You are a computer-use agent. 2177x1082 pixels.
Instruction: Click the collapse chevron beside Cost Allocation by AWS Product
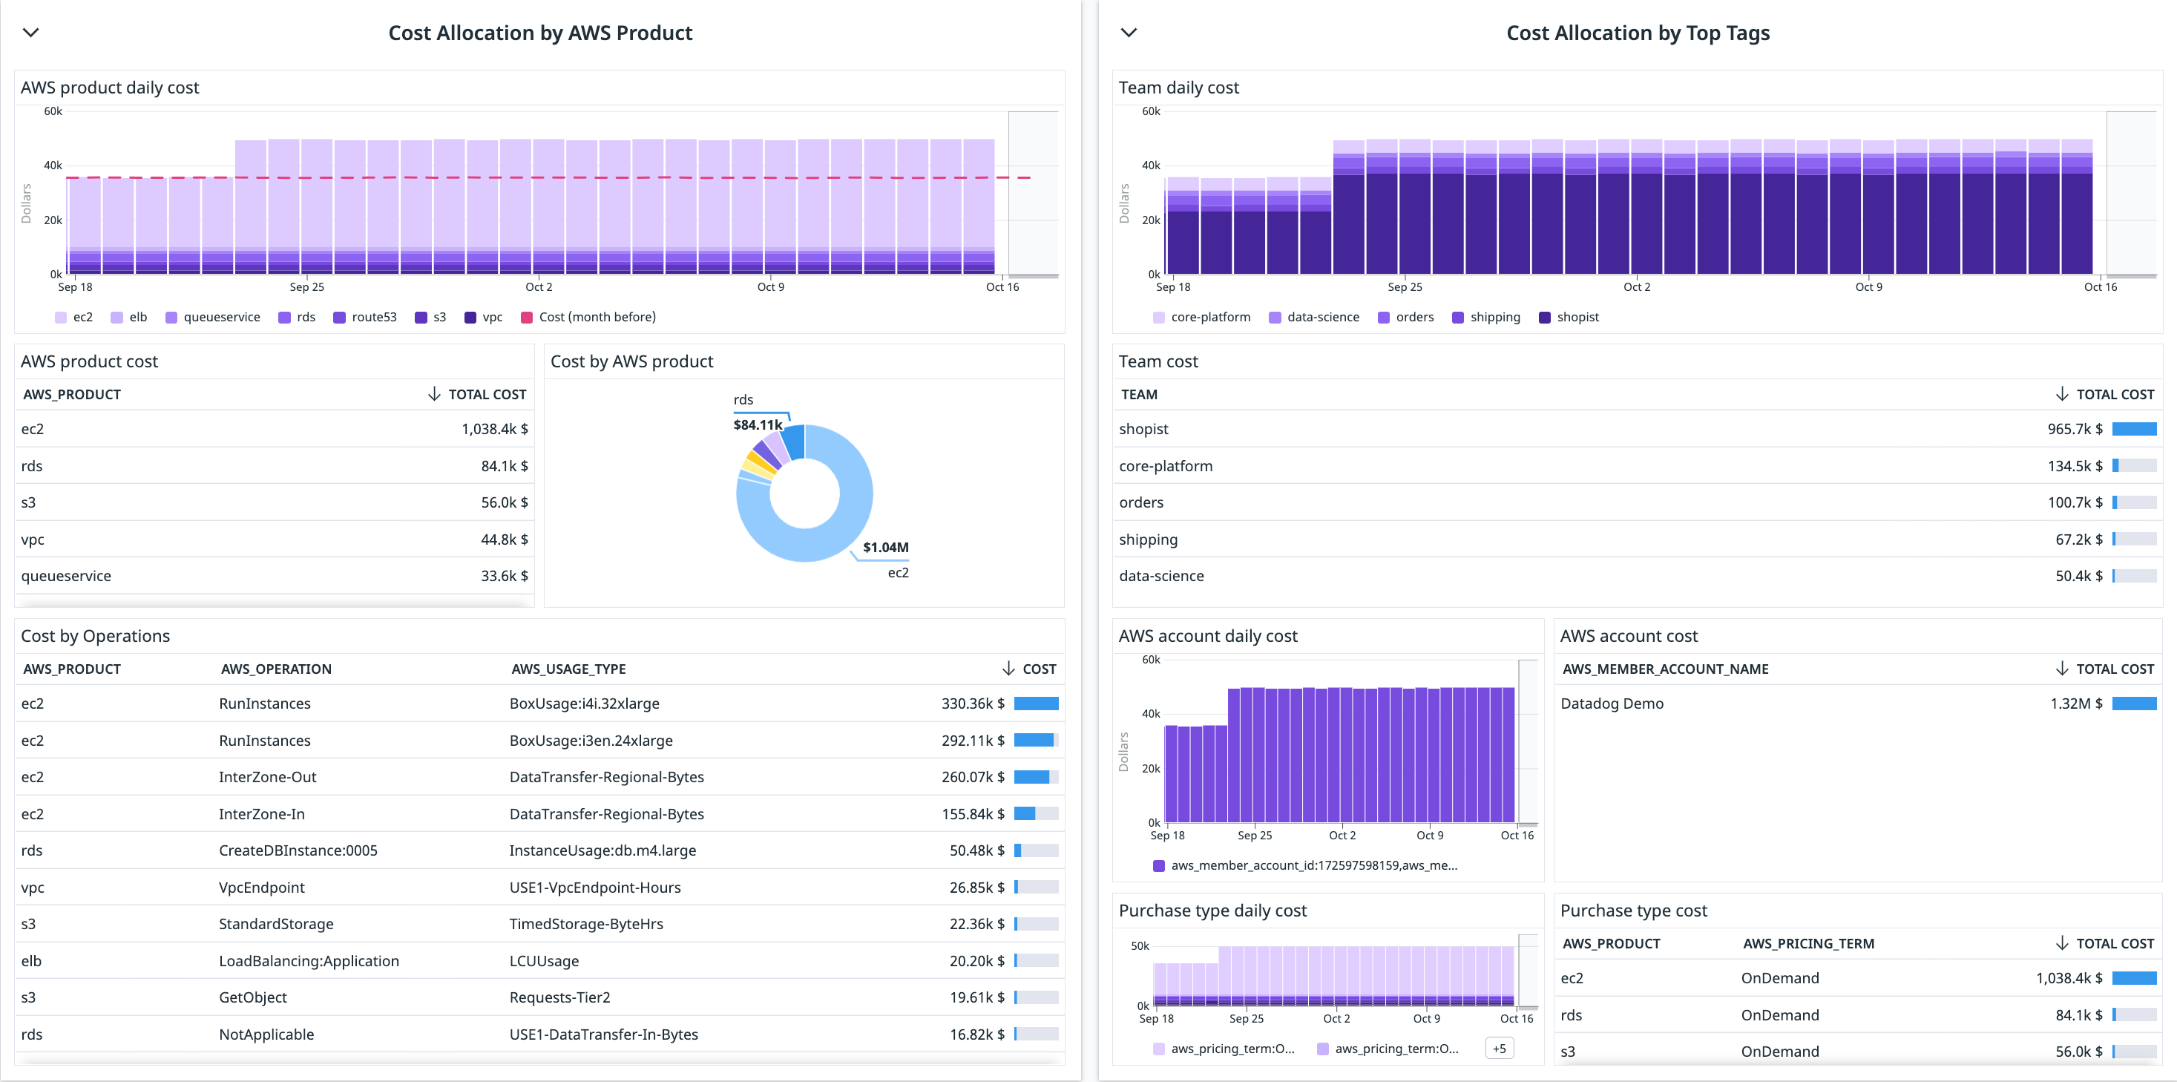pyautogui.click(x=30, y=33)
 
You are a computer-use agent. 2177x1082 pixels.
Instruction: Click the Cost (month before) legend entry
pyautogui.click(x=588, y=317)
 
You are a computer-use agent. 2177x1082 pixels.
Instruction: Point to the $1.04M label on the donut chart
pyautogui.click(x=885, y=547)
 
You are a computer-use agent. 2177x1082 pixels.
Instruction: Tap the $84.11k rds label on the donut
pyautogui.click(x=758, y=424)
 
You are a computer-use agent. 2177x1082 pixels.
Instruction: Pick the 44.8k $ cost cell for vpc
pyautogui.click(x=504, y=540)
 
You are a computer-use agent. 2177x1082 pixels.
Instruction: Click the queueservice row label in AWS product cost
pyautogui.click(x=66, y=576)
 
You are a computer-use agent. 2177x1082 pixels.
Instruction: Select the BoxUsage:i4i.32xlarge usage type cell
pyautogui.click(x=584, y=704)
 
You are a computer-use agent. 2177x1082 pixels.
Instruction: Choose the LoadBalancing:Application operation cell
pyautogui.click(x=309, y=961)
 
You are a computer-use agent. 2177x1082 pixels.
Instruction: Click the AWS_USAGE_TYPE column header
pyautogui.click(x=568, y=669)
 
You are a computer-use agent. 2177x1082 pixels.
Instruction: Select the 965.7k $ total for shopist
pyautogui.click(x=2074, y=429)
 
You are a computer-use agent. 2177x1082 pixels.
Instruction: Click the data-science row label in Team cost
pyautogui.click(x=1161, y=576)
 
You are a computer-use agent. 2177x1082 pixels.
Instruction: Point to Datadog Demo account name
pyautogui.click(x=1611, y=704)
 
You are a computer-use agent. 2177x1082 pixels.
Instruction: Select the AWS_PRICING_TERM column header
pyautogui.click(x=1807, y=943)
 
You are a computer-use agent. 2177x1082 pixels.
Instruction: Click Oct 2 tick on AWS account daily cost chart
pyautogui.click(x=1342, y=835)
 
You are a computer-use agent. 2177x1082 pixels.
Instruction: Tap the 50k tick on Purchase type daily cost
pyautogui.click(x=1139, y=946)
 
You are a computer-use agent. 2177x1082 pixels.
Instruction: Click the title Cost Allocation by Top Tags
pyautogui.click(x=1637, y=33)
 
